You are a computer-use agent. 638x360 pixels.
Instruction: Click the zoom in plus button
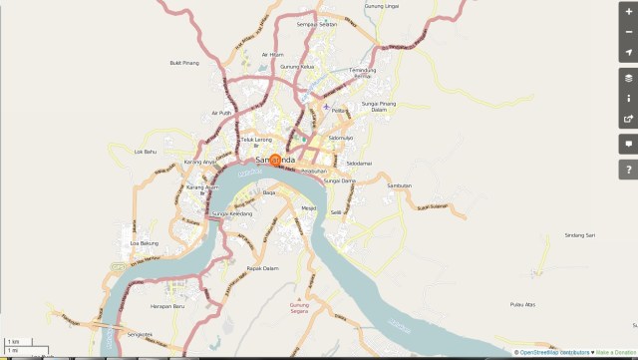628,12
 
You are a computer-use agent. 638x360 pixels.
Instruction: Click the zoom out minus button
628,31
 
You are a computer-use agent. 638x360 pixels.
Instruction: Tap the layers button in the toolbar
628,76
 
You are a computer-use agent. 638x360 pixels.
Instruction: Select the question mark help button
628,170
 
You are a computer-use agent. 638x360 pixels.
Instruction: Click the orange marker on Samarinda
276,160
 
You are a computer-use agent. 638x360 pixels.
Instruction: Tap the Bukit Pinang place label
185,62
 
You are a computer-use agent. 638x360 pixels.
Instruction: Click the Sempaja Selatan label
317,24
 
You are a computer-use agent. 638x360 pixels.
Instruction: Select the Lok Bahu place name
147,152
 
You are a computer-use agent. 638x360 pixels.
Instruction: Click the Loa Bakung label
145,242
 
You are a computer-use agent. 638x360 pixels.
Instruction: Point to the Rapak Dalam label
260,267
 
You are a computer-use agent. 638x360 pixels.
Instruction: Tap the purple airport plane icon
326,107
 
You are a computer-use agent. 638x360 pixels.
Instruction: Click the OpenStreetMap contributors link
554,353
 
